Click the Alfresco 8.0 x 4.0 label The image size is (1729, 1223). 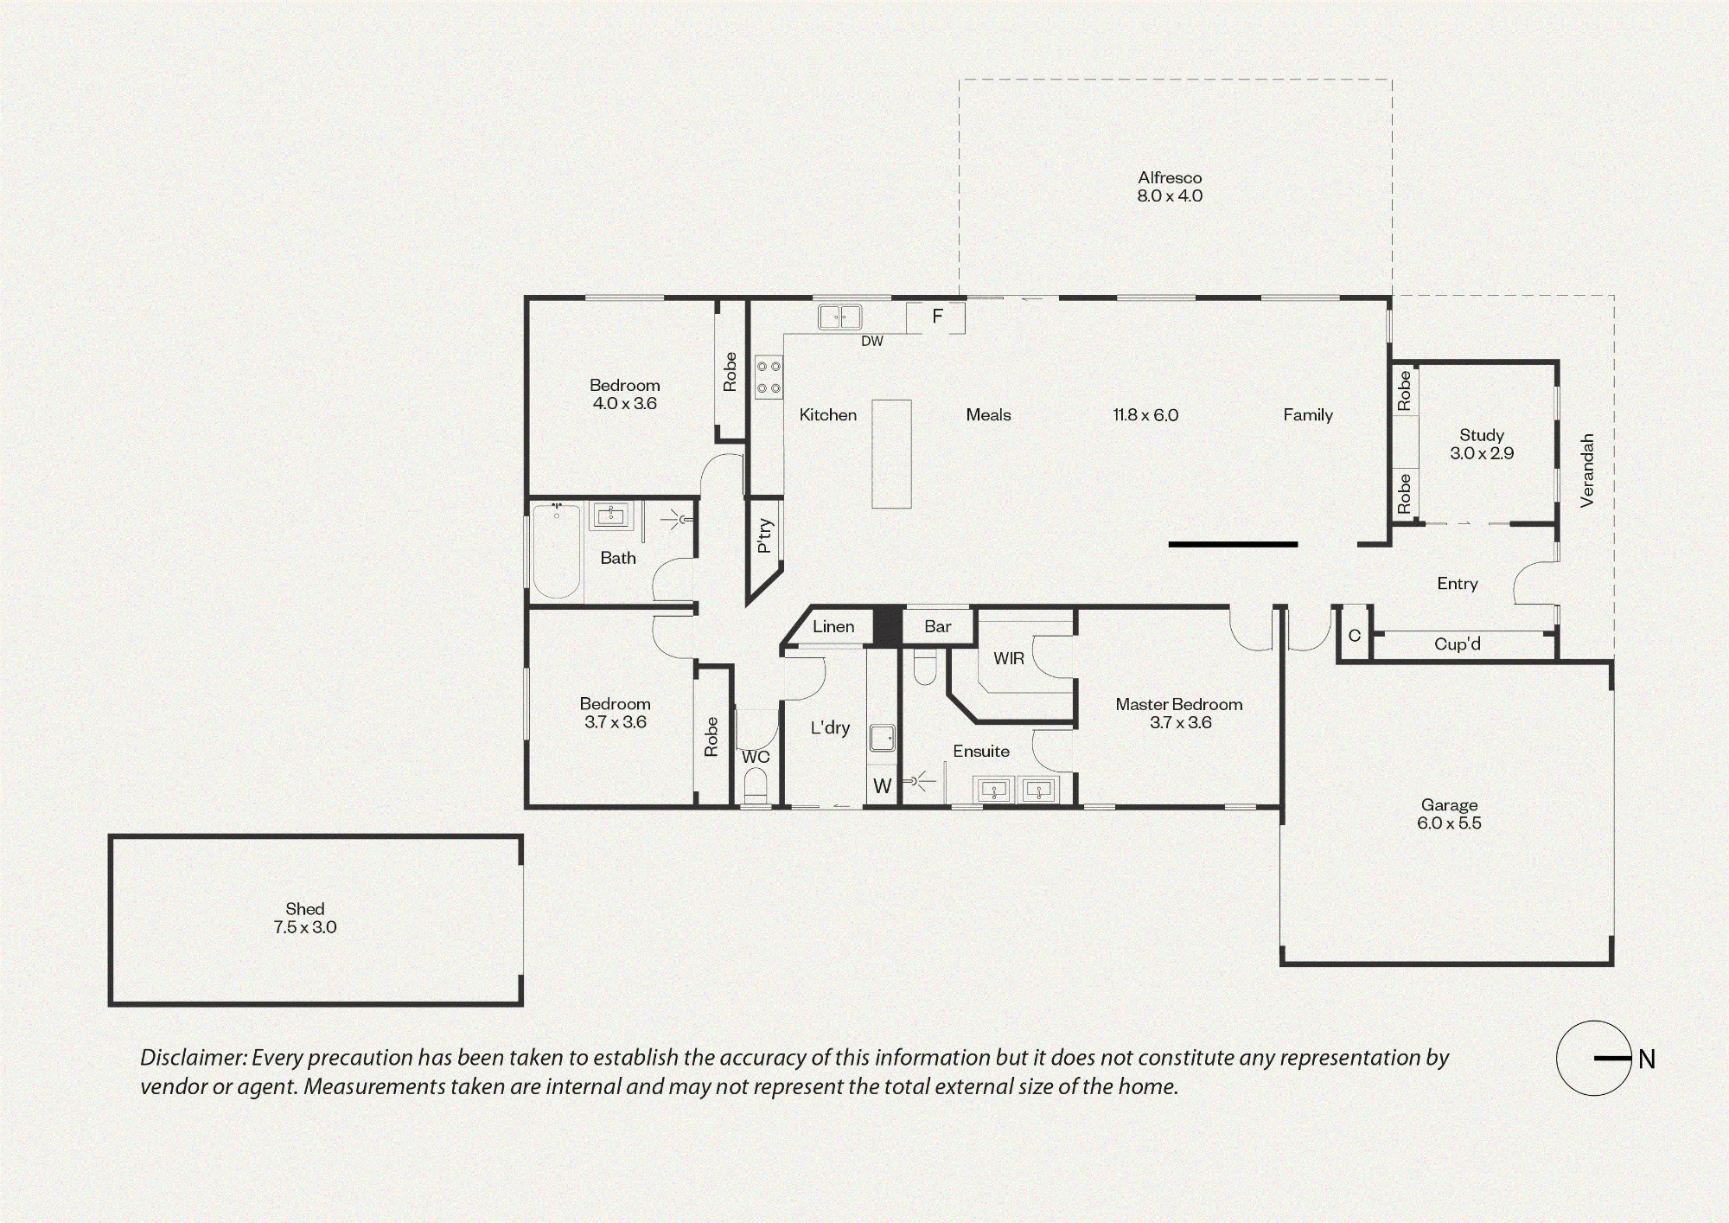click(x=1170, y=187)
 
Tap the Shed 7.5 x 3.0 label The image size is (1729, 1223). click(x=305, y=918)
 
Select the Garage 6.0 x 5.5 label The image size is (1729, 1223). click(x=1449, y=814)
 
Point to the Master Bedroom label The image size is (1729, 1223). click(x=1179, y=704)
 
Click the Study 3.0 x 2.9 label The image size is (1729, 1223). click(x=1482, y=444)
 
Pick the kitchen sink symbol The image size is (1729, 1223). click(x=840, y=317)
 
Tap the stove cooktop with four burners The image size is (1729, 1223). click(x=769, y=378)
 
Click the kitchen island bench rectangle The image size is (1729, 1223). click(x=891, y=453)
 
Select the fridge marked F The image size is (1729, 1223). click(x=935, y=317)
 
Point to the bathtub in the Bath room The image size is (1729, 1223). click(x=556, y=551)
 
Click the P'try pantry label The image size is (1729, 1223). click(x=764, y=535)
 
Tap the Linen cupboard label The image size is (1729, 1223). click(x=833, y=626)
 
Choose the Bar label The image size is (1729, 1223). click(x=938, y=626)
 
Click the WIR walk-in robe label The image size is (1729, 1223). click(x=1009, y=658)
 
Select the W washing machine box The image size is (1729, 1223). click(x=882, y=785)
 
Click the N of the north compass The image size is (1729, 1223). click(x=1647, y=1059)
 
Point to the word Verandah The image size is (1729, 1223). click(x=1586, y=471)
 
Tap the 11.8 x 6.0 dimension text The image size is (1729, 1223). click(x=1145, y=415)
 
